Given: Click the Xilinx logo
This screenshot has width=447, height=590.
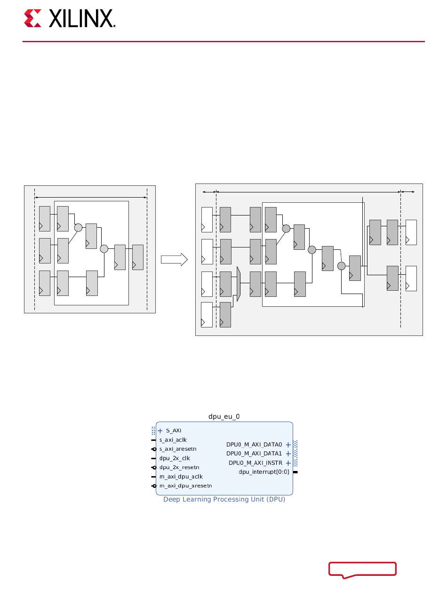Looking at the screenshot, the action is point(70,19).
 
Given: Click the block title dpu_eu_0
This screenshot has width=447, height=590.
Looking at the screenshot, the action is point(224,416).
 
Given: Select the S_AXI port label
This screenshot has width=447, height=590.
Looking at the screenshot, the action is point(173,431).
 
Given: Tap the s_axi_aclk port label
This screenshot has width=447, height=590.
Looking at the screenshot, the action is point(173,440).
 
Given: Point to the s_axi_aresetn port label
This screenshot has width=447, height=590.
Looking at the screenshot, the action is point(177,449).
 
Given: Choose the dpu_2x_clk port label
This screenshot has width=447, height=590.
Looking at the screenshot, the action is point(174,458).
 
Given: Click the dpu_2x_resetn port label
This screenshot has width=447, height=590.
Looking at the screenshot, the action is point(179,467).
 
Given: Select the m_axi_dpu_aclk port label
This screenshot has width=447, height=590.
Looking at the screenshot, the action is point(181,477).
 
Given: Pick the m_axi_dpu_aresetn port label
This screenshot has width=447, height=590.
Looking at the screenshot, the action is point(185,486).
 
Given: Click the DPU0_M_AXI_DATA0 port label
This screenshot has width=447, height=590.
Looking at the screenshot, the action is point(254,445).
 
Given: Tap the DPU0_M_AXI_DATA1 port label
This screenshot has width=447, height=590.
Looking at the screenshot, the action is point(254,454).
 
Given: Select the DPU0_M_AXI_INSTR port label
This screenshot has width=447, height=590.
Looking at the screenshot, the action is point(255,463).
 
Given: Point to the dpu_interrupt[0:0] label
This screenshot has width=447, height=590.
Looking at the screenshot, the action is point(263,471).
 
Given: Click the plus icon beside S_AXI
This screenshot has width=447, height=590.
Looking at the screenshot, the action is point(160,431).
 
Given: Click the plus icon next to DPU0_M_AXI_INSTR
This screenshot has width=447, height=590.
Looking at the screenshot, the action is point(288,463).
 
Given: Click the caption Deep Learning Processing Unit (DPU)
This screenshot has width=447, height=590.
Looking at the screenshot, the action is point(224,499).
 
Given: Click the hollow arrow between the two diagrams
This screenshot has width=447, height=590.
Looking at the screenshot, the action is point(174,260).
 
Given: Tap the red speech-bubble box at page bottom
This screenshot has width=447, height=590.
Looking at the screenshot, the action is point(362,569).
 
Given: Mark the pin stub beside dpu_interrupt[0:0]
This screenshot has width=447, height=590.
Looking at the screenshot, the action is point(295,471).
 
